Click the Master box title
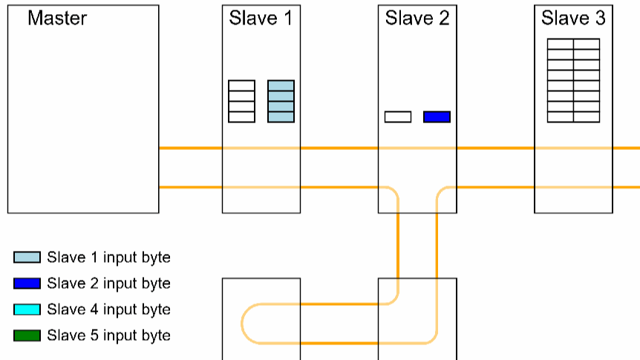tap(57, 19)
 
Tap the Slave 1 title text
tap(261, 19)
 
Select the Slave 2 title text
tap(417, 19)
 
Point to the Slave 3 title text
tap(573, 19)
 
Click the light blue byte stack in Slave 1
tap(281, 101)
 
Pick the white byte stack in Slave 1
tap(241, 101)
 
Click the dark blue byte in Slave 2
tap(437, 117)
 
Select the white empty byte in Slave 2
tap(398, 117)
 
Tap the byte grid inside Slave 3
tap(573, 80)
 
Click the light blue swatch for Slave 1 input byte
tap(27, 258)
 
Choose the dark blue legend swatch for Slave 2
tap(27, 284)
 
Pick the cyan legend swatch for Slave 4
tap(27, 310)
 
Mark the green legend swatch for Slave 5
tap(27, 336)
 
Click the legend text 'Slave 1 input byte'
tap(108, 258)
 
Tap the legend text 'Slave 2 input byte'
tap(108, 284)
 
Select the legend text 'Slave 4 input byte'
tap(108, 310)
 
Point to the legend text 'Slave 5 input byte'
tap(108, 336)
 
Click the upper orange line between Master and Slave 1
tap(191, 148)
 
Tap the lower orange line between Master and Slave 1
tap(191, 187)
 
